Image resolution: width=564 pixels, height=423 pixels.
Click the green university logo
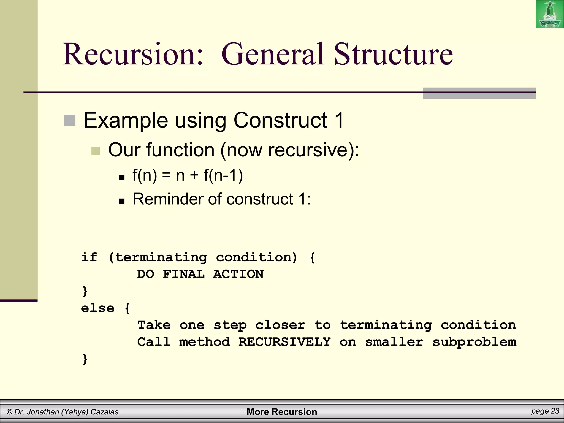coord(550,14)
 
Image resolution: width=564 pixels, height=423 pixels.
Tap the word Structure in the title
coord(393,54)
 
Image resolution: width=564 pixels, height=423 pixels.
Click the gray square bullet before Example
coord(69,121)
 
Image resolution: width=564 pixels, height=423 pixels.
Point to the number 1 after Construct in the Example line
coord(339,120)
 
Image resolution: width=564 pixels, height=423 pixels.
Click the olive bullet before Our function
coord(96,151)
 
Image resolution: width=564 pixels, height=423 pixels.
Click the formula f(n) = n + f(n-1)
coord(188,175)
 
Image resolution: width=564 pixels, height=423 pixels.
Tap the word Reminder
coord(169,199)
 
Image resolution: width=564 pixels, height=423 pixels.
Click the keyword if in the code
coord(89,257)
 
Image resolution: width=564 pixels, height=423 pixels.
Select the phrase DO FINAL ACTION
coord(200,274)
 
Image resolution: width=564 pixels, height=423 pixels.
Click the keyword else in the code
coord(97,308)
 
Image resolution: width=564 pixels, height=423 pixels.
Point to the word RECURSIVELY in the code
coord(284,342)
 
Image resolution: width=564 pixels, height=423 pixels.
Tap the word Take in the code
coord(154,325)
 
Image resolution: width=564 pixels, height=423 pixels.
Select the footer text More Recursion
coord(282,412)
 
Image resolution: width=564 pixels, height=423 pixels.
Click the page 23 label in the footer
coord(545,411)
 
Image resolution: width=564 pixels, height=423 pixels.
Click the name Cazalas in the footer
coord(104,412)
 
